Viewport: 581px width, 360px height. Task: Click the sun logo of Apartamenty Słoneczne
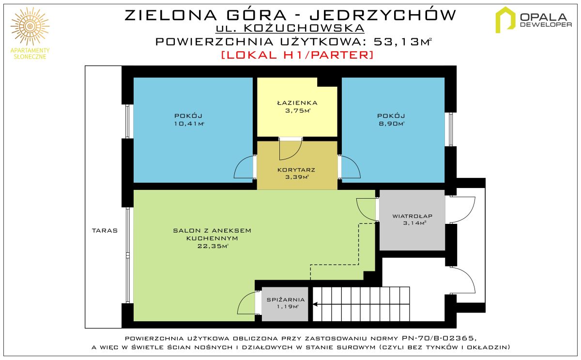30,26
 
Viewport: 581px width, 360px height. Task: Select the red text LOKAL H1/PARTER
297,55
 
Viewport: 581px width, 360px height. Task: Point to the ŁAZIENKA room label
297,103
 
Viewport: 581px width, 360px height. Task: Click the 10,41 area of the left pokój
189,124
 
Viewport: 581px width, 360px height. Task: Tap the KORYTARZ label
296,170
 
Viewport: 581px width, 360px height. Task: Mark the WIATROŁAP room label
412,216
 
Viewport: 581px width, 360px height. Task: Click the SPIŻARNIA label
286,300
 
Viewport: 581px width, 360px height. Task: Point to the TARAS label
105,231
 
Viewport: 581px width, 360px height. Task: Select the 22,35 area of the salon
213,246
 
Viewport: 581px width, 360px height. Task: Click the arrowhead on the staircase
316,304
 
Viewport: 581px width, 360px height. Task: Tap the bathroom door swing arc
298,154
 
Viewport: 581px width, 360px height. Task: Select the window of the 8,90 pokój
451,129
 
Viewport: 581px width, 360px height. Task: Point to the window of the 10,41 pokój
127,121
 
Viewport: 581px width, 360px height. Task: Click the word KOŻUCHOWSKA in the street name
304,28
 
